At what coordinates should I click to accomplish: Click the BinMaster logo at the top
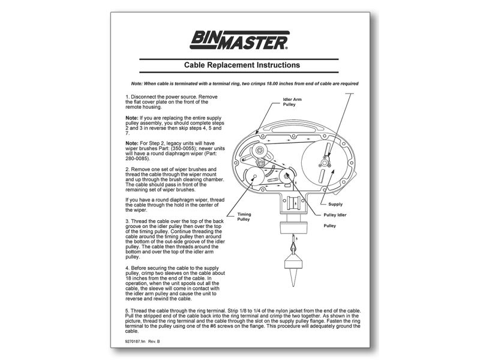tap(241, 40)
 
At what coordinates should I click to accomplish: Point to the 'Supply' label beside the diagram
tap(335, 204)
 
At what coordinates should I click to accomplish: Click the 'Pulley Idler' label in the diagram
tap(336, 215)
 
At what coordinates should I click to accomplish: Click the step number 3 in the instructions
tap(127, 221)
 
